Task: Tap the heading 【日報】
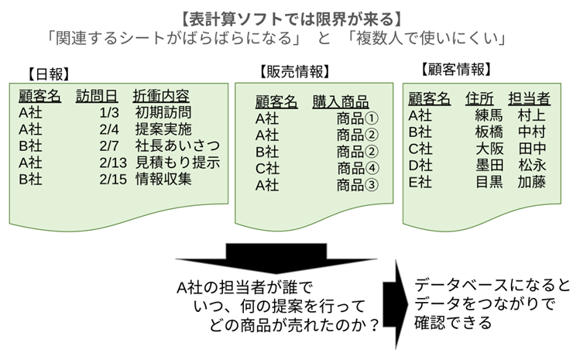tap(48, 74)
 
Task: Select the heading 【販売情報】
tap(293, 72)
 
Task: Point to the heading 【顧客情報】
tap(455, 70)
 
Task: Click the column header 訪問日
tap(97, 96)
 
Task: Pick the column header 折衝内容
tap(161, 96)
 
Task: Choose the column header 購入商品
tap(341, 101)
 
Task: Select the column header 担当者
tap(530, 98)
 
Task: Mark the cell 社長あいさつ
tap(177, 146)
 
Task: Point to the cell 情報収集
tap(163, 179)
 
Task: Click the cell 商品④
tap(356, 168)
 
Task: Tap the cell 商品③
tap(356, 185)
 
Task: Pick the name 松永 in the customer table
tap(532, 165)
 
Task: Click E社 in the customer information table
tap(420, 182)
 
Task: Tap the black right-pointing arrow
tap(400, 299)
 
